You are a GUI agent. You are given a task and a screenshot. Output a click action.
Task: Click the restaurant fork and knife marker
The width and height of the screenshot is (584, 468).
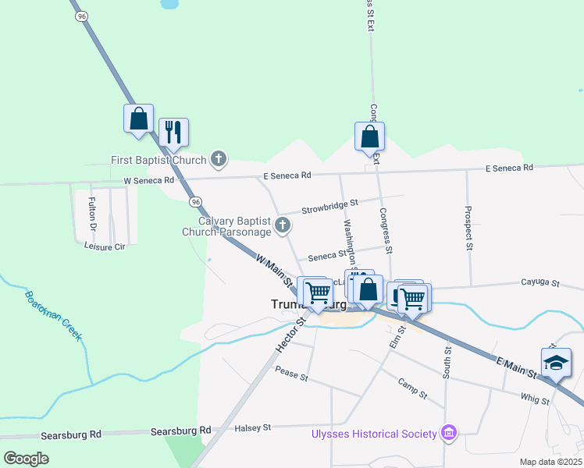coord(174,133)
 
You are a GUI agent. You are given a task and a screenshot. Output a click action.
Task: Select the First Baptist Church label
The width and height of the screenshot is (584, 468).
coord(158,161)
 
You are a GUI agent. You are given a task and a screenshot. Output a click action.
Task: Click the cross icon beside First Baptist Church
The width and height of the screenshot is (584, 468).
coord(219,161)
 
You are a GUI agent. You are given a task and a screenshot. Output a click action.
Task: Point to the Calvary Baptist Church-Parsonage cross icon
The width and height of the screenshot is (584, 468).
coord(283,226)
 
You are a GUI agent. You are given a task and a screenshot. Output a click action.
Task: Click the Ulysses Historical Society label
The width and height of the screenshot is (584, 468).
coord(374,433)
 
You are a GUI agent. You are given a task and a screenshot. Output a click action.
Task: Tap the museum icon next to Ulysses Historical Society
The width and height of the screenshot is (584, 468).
coord(448,432)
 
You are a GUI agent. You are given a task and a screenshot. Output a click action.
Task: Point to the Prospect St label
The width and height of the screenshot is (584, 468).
coord(468,229)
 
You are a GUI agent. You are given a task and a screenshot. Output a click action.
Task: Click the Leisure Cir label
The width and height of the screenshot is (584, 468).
coord(105,246)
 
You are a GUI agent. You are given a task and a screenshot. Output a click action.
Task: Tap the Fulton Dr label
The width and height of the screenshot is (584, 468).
coord(91,215)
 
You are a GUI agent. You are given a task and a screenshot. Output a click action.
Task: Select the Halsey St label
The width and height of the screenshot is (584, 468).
coord(253,427)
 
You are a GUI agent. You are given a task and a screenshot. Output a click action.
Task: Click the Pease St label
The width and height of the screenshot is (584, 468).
coord(292,375)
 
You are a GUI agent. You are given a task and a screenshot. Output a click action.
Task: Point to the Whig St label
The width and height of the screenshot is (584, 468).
coord(535,399)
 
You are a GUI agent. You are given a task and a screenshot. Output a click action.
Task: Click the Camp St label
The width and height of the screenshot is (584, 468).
coord(411,388)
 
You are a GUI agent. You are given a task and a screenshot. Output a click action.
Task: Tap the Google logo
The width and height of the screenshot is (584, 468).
coord(26,459)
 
